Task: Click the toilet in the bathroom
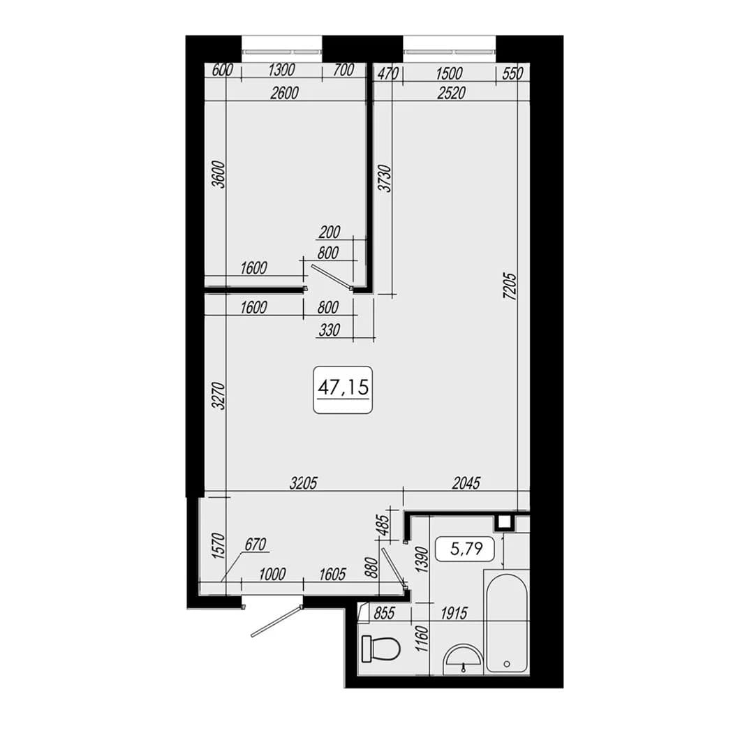[381, 649]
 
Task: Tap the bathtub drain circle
[506, 664]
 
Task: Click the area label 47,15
[343, 387]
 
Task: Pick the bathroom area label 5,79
[466, 548]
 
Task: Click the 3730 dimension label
[385, 179]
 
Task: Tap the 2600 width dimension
[284, 93]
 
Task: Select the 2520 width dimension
[451, 93]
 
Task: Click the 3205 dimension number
[304, 483]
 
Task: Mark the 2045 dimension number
[466, 483]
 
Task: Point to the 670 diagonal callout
[256, 545]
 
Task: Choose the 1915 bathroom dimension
[454, 613]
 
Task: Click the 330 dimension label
[330, 330]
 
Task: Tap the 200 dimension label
[330, 232]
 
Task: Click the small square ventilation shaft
[505, 522]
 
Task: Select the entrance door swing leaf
[276, 621]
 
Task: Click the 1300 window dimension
[281, 71]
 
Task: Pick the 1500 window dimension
[449, 73]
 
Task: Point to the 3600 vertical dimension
[219, 175]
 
